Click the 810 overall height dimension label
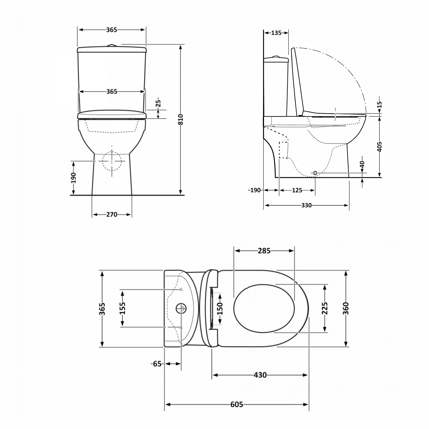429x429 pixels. pos(180,120)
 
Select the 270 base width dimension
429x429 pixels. pos(112,214)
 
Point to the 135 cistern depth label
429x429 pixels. pos(276,33)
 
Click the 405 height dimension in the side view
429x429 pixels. pos(380,147)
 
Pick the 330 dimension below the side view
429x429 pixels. pos(306,205)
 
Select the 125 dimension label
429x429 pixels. pos(297,190)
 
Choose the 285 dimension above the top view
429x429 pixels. pos(264,251)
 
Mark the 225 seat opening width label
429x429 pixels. pos(325,308)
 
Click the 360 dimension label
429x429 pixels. pos(346,308)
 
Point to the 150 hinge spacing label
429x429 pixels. pos(220,309)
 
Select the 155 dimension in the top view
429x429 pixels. pos(122,308)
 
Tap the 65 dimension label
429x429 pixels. pos(157,364)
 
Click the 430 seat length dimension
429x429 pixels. pos(260,375)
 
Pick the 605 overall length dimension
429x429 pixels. pos(237,404)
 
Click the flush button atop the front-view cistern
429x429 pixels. pos(112,45)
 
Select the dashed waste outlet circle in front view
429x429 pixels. pos(112,161)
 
